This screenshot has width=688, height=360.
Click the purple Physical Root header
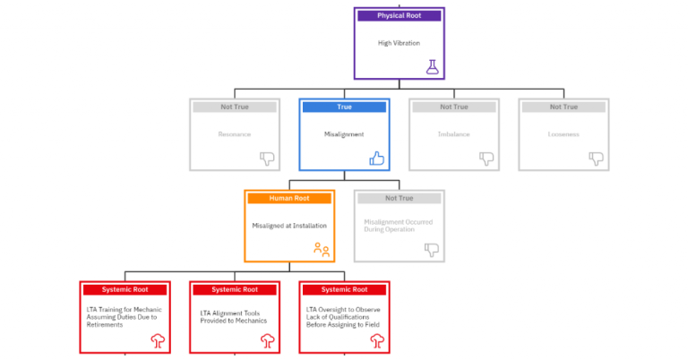click(x=399, y=15)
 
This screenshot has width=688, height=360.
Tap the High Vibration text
click(x=399, y=42)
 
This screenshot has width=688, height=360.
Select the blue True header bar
click(x=344, y=107)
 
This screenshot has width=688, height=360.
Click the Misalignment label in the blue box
click(x=344, y=133)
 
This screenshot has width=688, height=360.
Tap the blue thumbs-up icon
click(x=377, y=159)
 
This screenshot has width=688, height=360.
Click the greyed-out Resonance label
click(x=235, y=133)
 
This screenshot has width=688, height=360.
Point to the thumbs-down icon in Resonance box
click(x=267, y=159)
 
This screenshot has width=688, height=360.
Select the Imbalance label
click(x=453, y=133)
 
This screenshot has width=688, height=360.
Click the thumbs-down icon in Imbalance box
click(x=486, y=159)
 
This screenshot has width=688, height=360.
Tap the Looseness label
click(x=563, y=133)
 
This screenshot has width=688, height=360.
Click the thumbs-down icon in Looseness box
click(x=596, y=159)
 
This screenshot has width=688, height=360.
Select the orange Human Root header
click(x=288, y=198)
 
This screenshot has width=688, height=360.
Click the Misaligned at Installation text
click(x=289, y=225)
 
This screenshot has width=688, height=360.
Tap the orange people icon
click(x=322, y=250)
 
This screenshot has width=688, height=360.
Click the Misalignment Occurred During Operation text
click(x=398, y=225)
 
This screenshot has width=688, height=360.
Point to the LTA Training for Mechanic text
click(x=123, y=317)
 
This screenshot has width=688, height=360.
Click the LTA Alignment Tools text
click(x=233, y=317)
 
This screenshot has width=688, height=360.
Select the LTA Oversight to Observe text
click(x=344, y=317)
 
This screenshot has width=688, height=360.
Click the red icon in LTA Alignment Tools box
click(x=267, y=340)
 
